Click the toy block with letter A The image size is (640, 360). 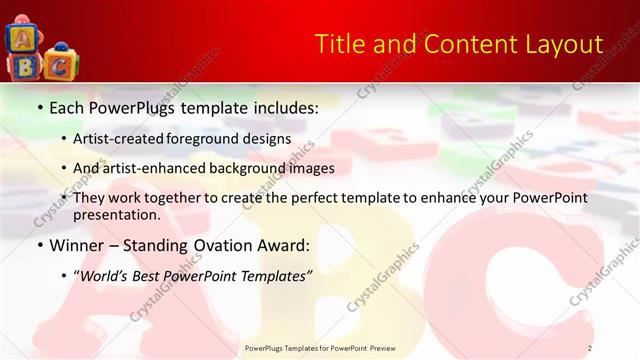click(21, 38)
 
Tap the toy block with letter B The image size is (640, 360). click(22, 66)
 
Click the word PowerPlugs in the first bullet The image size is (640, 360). click(128, 107)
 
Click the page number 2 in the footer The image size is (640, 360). click(590, 348)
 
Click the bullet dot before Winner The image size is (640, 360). click(39, 245)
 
